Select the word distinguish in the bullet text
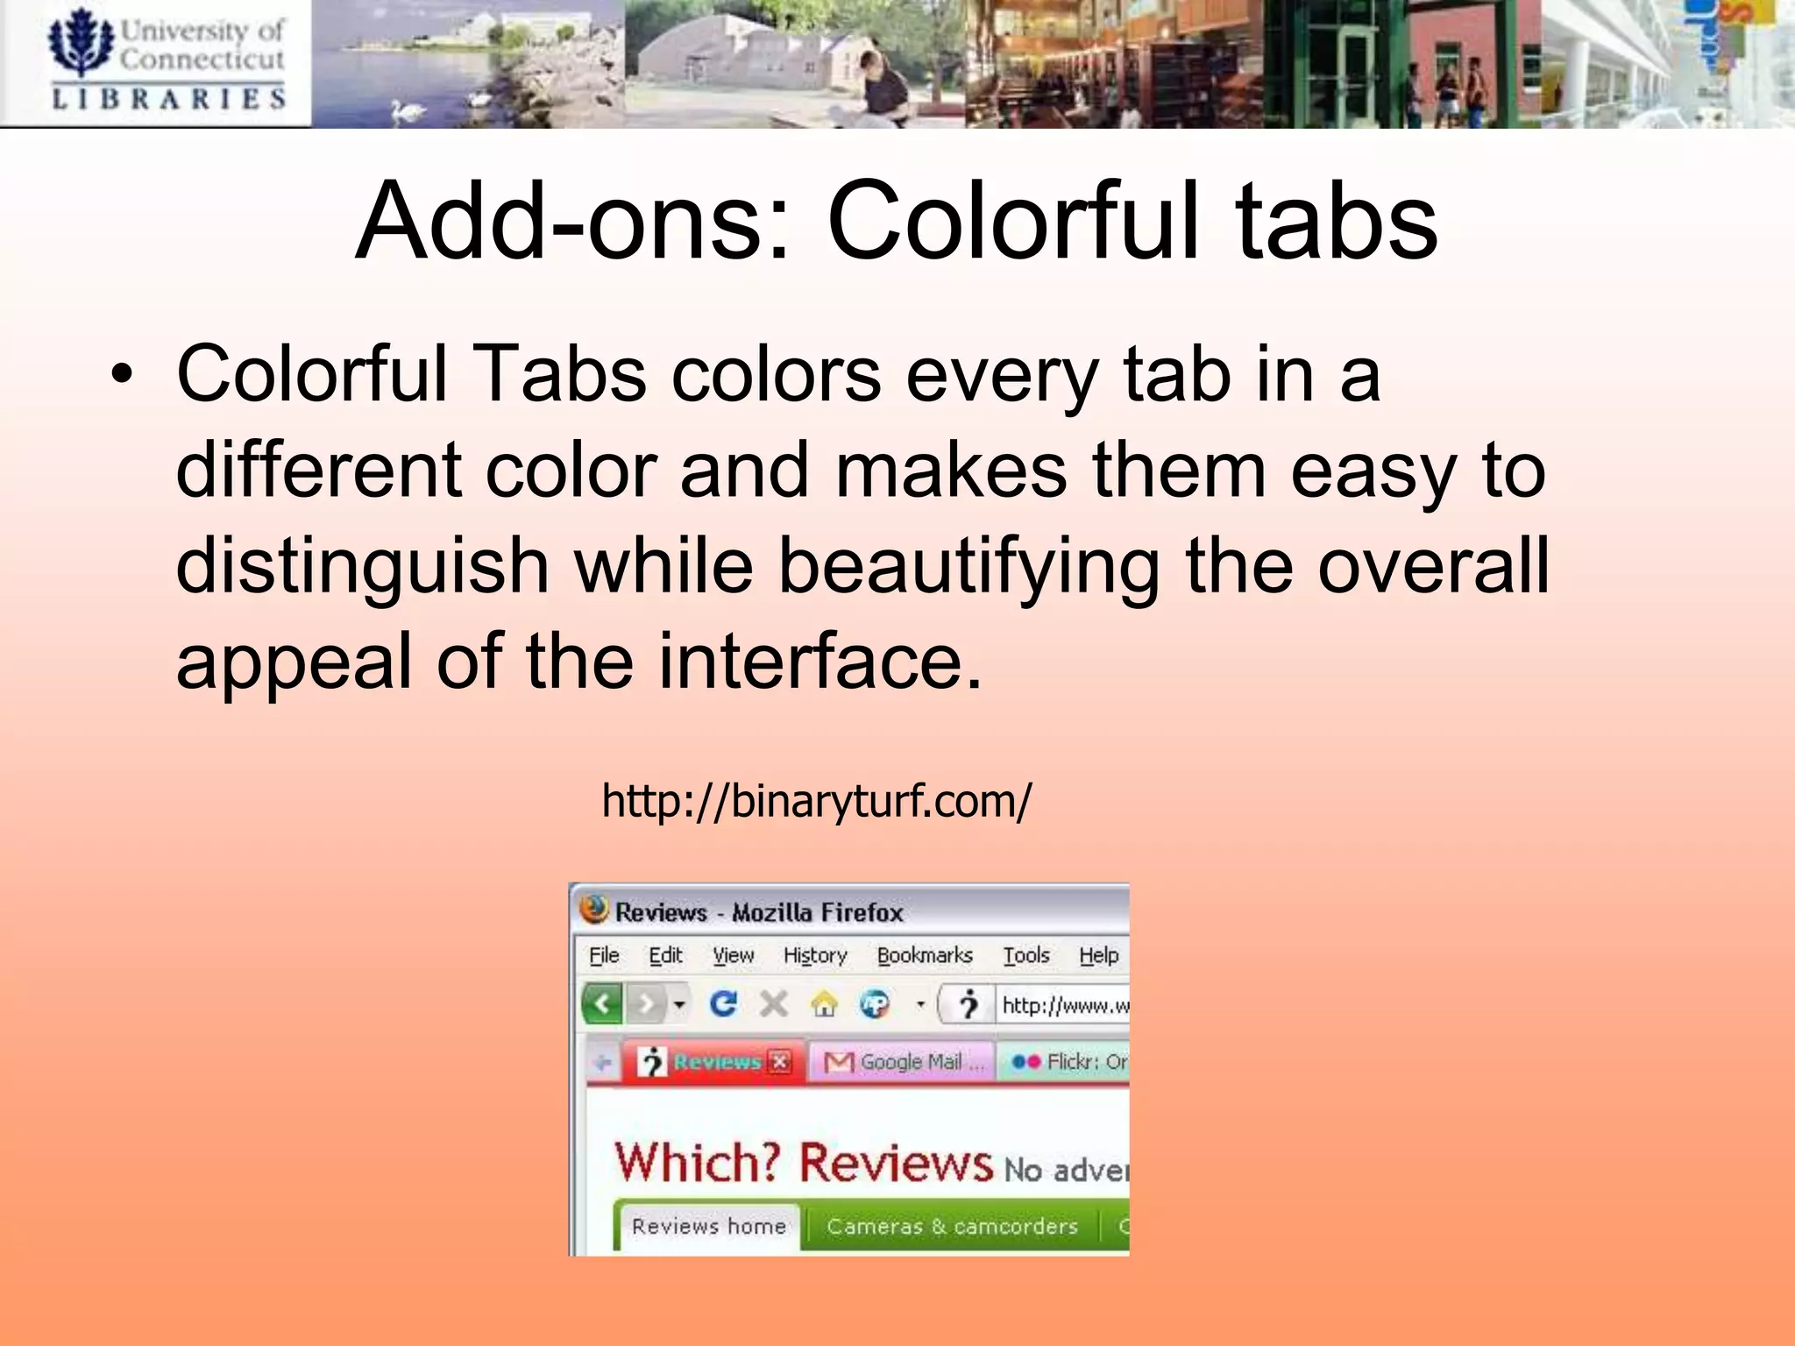pyautogui.click(x=362, y=566)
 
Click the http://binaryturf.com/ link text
pyautogui.click(x=816, y=801)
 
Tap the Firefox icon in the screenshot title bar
pyautogui.click(x=593, y=910)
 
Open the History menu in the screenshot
pyautogui.click(x=815, y=955)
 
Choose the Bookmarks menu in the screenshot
pyautogui.click(x=925, y=955)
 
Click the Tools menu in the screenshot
pyautogui.click(x=1026, y=955)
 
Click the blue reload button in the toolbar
pyautogui.click(x=723, y=1003)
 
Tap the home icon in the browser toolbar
pyautogui.click(x=824, y=1004)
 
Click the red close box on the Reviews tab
pyautogui.click(x=779, y=1062)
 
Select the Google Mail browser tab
pyautogui.click(x=903, y=1062)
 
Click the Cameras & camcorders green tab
pyautogui.click(x=952, y=1226)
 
